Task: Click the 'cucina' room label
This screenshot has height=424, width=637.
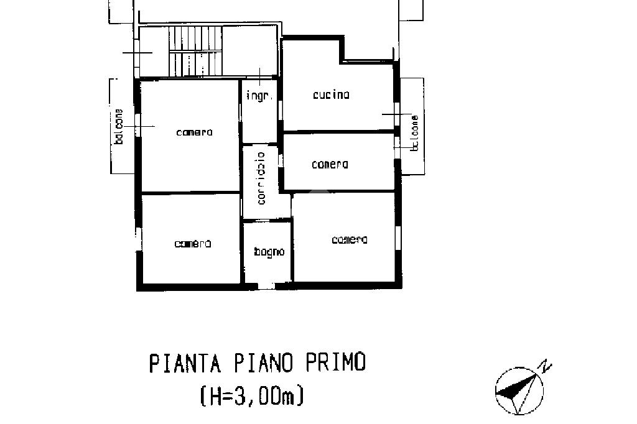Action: point(331,94)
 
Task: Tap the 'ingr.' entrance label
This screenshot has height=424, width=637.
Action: point(259,96)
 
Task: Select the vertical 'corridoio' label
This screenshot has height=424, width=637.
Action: point(261,178)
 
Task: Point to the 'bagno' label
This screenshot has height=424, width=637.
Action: point(269,252)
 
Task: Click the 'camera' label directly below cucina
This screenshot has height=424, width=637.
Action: point(330,164)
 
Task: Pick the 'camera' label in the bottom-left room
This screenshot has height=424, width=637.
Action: point(193,244)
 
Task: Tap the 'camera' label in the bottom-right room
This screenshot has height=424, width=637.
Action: point(350,239)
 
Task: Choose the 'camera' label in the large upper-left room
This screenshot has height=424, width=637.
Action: point(195,132)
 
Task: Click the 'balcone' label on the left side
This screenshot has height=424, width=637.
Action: point(119,126)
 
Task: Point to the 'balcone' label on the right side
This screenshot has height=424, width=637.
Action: point(414,133)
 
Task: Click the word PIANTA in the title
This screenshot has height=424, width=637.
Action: point(185,362)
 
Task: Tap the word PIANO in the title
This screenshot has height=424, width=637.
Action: point(263,362)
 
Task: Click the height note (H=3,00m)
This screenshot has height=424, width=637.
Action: point(252,395)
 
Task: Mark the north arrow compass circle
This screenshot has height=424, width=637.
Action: point(519,391)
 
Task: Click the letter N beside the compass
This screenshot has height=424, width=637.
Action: point(546,366)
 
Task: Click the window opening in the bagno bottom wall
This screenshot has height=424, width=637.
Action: point(266,286)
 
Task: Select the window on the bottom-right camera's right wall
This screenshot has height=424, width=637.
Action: point(398,237)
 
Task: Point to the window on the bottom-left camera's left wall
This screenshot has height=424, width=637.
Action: point(138,239)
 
